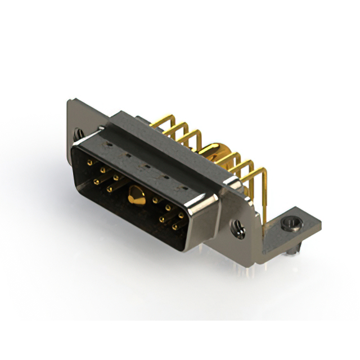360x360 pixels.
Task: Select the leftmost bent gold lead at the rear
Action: [163, 125]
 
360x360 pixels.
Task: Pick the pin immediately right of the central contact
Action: [155, 200]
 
